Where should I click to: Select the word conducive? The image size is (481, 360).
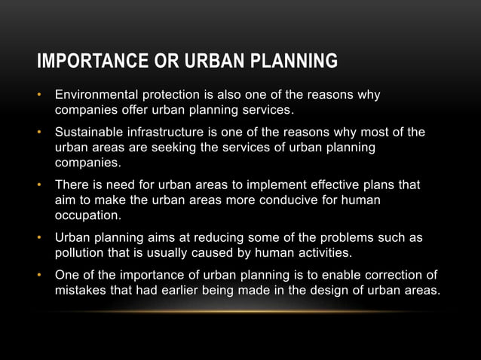tap(261, 200)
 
